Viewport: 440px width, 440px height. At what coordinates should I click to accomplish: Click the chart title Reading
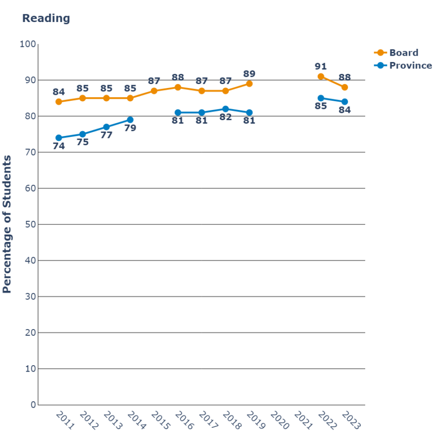[46, 19]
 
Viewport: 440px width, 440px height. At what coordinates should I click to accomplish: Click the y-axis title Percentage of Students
[7, 224]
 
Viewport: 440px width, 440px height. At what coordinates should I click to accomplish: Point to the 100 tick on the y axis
[28, 44]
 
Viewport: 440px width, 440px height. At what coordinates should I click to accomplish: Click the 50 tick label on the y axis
[30, 224]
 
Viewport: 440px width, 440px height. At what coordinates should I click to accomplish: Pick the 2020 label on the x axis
[280, 420]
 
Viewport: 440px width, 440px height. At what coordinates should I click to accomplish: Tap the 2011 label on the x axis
[65, 420]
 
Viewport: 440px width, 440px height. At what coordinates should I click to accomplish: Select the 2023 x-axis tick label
[352, 420]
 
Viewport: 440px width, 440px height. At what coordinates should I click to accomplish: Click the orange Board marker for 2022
[321, 76]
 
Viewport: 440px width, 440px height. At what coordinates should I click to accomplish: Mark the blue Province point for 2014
[130, 120]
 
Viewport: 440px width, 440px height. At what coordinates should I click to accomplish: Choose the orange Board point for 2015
[154, 91]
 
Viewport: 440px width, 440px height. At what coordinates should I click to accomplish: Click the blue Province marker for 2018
[225, 109]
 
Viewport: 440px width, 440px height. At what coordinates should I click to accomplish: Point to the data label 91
[321, 66]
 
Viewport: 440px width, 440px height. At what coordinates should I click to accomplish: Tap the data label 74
[59, 146]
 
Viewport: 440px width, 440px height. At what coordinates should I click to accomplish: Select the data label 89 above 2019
[249, 74]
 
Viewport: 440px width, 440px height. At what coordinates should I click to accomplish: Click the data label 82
[225, 117]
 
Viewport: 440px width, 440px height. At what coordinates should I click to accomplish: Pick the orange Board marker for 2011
[59, 102]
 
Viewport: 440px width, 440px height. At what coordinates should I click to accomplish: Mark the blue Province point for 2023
[345, 102]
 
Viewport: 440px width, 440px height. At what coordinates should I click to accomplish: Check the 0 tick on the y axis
[33, 405]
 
